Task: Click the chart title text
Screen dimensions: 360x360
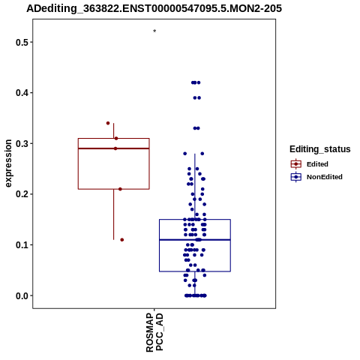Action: (154, 8)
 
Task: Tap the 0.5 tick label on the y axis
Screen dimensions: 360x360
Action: (21, 42)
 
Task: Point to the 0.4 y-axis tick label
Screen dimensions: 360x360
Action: (21, 93)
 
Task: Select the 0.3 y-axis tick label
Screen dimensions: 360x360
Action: (21, 143)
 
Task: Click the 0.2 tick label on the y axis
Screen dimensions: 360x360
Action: (21, 194)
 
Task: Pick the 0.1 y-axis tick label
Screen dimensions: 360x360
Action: (21, 244)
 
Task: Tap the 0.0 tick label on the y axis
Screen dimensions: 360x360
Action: (21, 295)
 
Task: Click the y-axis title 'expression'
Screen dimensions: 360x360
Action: (8, 163)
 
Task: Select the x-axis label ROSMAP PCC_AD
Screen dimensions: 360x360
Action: (154, 332)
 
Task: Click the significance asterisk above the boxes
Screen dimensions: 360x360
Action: (154, 31)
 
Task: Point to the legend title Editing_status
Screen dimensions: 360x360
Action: (320, 149)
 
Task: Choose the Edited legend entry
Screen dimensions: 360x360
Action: (310, 164)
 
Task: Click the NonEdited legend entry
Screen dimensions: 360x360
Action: (316, 177)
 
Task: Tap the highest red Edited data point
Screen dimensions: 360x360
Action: (108, 123)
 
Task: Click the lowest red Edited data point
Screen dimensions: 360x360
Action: (122, 240)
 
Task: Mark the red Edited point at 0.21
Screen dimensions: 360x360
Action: (120, 189)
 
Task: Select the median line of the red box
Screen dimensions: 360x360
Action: (114, 148)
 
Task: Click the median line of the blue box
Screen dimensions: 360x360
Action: (195, 240)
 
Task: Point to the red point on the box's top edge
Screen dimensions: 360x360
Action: (116, 138)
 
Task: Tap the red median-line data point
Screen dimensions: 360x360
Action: (115, 148)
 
